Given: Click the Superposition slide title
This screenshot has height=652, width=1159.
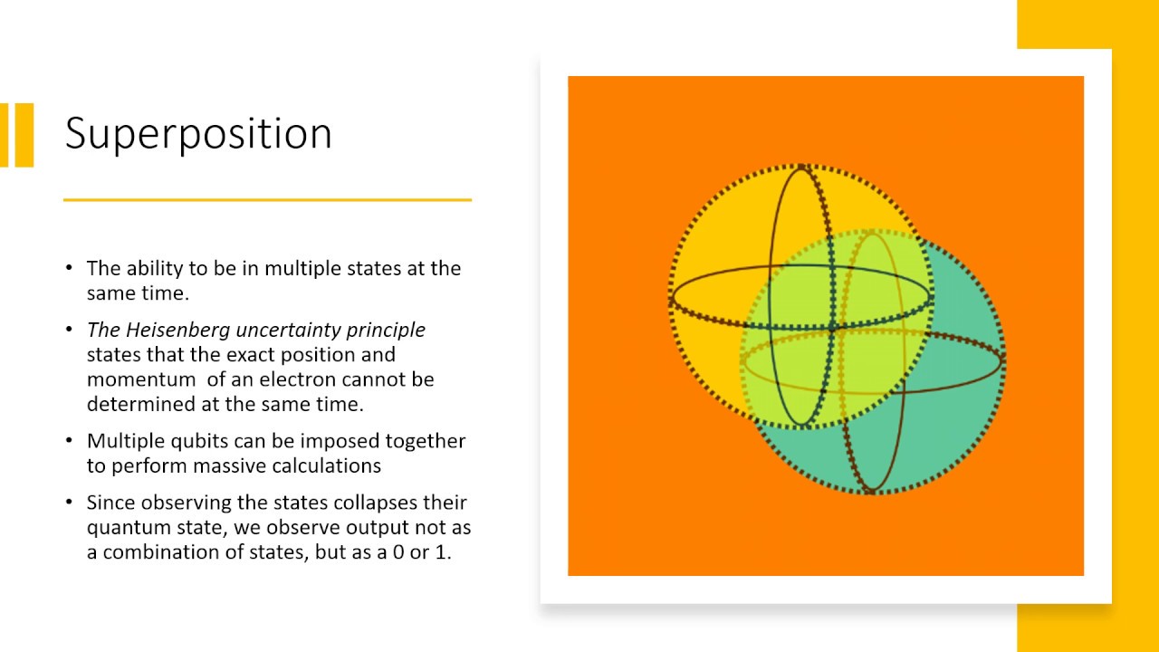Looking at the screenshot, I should (198, 135).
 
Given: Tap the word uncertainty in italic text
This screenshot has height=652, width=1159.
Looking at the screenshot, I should (296, 330).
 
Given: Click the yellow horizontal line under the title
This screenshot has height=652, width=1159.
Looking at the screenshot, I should (267, 199).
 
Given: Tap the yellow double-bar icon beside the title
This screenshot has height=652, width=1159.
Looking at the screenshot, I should (17, 135).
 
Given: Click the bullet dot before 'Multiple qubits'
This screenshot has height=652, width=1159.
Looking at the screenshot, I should (70, 441).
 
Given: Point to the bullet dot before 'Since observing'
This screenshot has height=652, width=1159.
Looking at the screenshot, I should (70, 503).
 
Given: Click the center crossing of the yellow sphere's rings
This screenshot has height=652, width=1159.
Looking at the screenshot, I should (832, 327).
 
